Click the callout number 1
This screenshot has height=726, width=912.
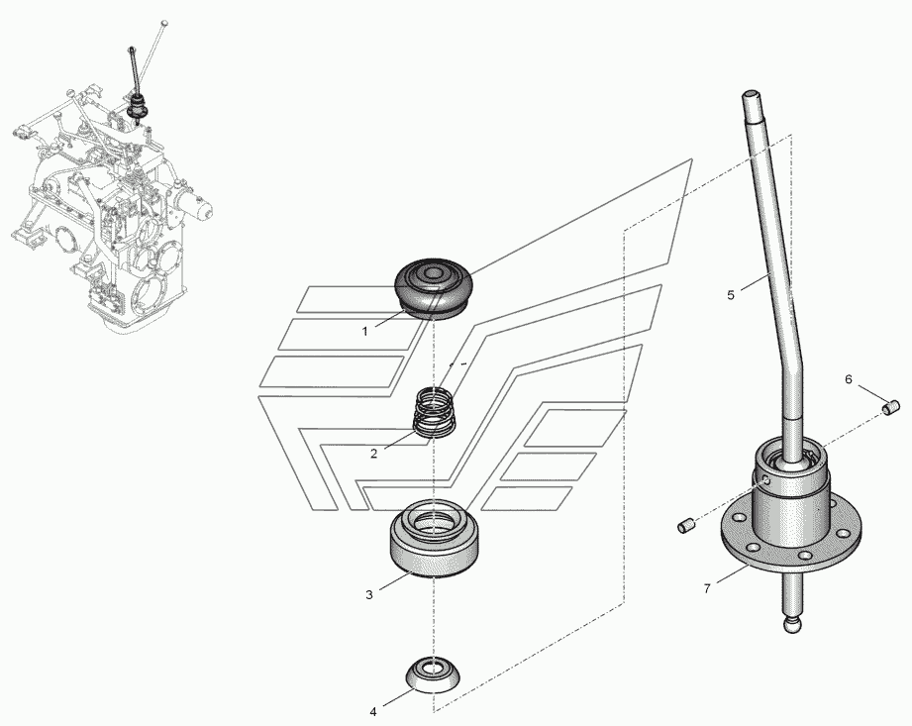click(364, 332)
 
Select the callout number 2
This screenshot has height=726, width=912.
click(374, 454)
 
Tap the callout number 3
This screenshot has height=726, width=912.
click(369, 595)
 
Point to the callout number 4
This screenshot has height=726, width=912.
click(373, 711)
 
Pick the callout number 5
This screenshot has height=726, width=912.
click(731, 295)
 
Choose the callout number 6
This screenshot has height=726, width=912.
click(849, 379)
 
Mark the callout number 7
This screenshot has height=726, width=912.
click(707, 588)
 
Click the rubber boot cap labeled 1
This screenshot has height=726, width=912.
click(434, 286)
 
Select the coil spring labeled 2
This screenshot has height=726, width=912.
click(435, 413)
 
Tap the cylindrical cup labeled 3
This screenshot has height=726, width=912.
click(434, 538)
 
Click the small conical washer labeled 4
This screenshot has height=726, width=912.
click(432, 674)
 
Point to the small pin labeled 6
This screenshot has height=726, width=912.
click(891, 407)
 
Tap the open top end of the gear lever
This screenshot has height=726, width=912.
click(751, 94)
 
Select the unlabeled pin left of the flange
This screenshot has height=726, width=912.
click(686, 526)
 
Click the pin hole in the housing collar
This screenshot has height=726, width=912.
click(766, 480)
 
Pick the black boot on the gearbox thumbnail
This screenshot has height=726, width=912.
click(139, 106)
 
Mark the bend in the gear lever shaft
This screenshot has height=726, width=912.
click(793, 363)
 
